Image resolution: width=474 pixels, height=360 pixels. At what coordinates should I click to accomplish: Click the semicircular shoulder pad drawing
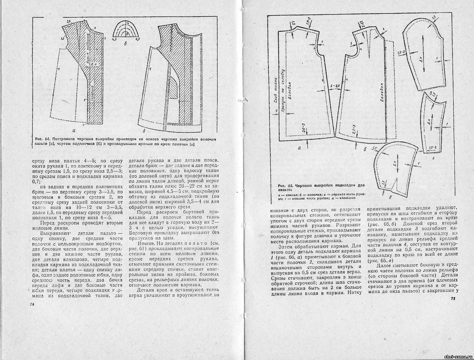tap(126, 31)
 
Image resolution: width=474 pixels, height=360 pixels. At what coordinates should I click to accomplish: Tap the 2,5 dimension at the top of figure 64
tap(68, 21)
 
